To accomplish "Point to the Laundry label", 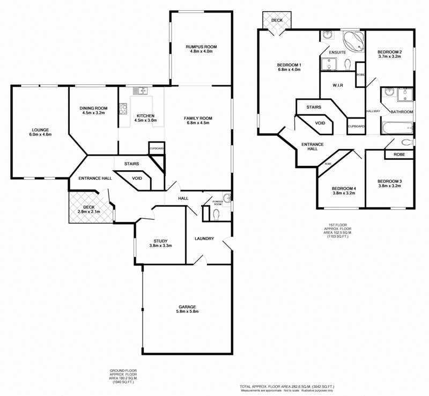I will [x=204, y=239].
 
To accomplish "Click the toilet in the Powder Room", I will [x=216, y=215].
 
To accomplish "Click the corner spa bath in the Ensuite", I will [x=353, y=41].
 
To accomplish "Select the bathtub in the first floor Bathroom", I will [x=396, y=128].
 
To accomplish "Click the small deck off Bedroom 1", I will [x=277, y=20].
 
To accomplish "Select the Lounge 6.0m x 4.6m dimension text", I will [x=40, y=135].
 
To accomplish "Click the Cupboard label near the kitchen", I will [x=157, y=148].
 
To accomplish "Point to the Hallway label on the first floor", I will [x=373, y=111].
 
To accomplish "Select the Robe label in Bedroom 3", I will [x=400, y=155].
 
